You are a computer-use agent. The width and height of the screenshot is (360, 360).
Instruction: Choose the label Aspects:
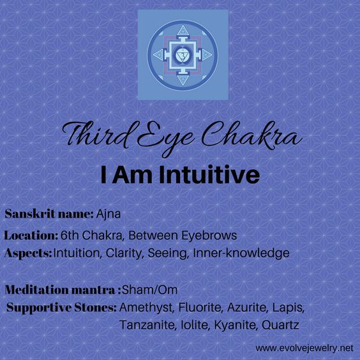pyautogui.click(x=29, y=253)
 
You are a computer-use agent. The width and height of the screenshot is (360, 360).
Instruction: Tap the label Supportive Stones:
pyautogui.click(x=61, y=308)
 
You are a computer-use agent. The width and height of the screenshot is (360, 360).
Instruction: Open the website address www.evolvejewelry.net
pyautogui.click(x=304, y=349)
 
